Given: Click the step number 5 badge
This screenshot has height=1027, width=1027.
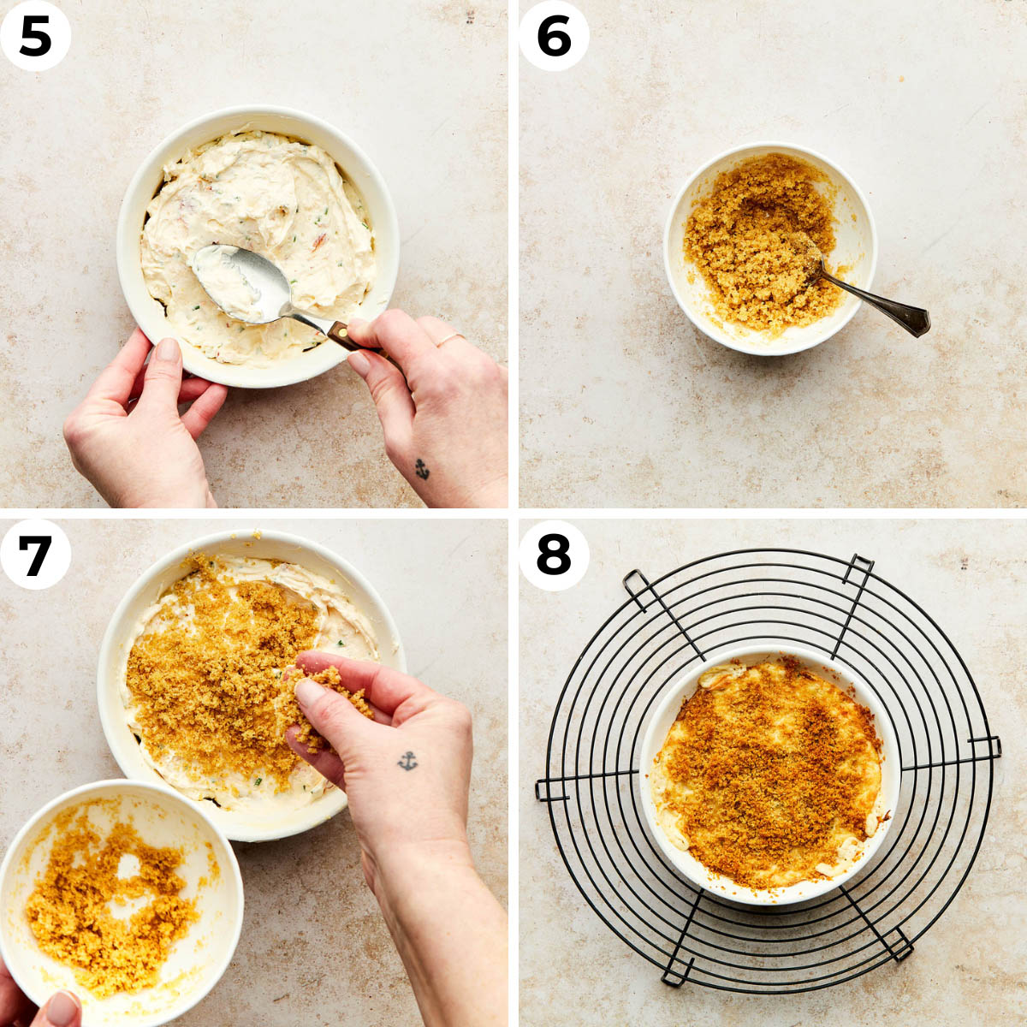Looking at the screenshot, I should click(x=35, y=36).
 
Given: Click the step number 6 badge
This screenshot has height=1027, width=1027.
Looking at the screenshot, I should click(x=554, y=36).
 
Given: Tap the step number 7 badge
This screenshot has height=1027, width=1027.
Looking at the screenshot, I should click(x=35, y=555).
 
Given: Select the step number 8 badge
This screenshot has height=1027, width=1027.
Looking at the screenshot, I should click(x=554, y=555).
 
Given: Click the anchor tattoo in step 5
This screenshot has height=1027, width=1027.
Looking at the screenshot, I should click(x=421, y=468).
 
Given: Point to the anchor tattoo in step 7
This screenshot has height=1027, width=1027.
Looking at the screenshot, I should click(x=407, y=760).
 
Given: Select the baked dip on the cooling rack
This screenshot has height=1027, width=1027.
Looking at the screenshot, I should click(x=769, y=770).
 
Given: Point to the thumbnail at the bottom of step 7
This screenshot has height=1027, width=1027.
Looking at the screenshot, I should click(x=60, y=1010).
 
